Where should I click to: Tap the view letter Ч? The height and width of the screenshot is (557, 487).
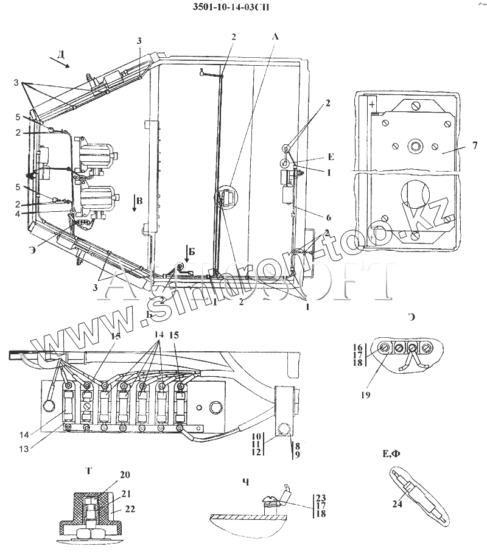tap(245, 482)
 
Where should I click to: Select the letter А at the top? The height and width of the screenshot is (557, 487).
tap(275, 37)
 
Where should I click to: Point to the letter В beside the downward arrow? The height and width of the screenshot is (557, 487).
tap(140, 201)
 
